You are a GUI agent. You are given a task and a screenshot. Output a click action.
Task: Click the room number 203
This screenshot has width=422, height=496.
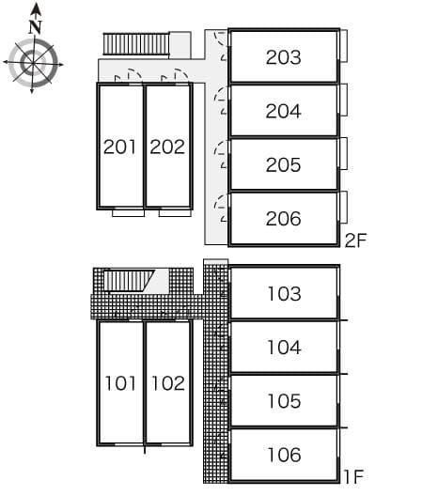(x=283, y=57)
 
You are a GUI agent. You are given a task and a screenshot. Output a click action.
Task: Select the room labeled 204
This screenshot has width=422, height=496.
(x=283, y=111)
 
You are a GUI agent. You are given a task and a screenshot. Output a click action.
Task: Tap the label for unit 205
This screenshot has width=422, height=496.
(x=283, y=165)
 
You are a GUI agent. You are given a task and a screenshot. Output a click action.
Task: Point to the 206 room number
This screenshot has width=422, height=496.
(x=283, y=219)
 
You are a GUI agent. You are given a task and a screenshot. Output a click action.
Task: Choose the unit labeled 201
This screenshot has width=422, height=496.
(x=120, y=147)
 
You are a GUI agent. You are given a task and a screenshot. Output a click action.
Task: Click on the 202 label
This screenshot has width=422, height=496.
(x=167, y=147)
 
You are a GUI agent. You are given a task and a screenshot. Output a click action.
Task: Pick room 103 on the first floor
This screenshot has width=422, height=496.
(x=283, y=294)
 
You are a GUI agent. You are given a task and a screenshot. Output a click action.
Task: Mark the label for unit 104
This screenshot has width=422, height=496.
(x=283, y=348)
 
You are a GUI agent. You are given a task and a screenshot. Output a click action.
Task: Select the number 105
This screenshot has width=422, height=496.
(x=283, y=401)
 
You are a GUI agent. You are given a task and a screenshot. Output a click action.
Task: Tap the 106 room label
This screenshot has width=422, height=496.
(x=283, y=455)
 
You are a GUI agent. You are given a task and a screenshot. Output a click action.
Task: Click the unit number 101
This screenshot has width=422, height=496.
(x=120, y=383)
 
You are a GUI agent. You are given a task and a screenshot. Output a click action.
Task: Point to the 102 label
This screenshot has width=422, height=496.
(x=167, y=383)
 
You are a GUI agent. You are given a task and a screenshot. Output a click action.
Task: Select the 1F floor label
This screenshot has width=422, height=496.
(x=353, y=477)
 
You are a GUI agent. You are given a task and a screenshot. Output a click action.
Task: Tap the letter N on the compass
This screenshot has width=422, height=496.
(x=35, y=27)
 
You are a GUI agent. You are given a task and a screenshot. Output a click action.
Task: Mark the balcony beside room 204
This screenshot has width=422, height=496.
(x=344, y=99)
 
